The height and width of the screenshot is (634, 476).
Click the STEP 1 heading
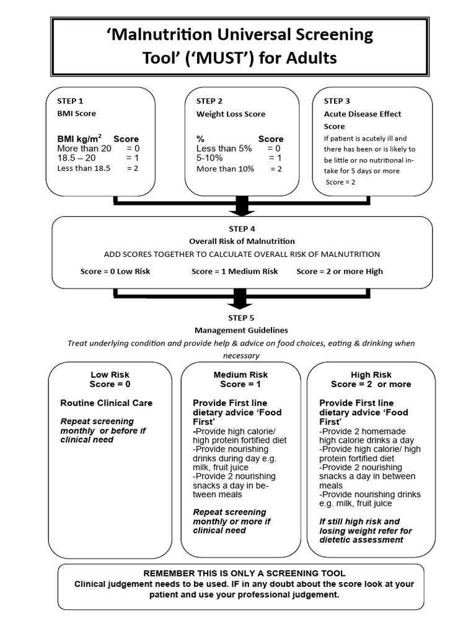click(70, 101)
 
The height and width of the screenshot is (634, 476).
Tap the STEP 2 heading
click(209, 101)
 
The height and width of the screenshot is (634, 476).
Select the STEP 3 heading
click(337, 101)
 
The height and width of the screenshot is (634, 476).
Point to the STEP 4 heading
click(242, 229)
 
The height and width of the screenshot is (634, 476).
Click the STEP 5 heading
click(241, 318)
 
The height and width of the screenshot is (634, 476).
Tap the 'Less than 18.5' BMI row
click(97, 168)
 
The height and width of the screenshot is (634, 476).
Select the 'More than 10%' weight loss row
click(239, 168)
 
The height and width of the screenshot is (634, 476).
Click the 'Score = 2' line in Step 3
click(340, 182)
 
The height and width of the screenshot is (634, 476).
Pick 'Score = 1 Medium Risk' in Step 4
click(235, 271)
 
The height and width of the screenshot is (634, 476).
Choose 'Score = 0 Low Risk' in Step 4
click(115, 271)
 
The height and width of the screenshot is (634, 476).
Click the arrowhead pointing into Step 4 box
click(242, 212)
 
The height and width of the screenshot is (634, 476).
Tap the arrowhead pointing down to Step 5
click(240, 305)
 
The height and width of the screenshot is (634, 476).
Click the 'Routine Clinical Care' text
click(107, 402)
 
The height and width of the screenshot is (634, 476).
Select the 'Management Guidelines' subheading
click(241, 331)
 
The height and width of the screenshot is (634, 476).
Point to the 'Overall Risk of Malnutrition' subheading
click(242, 241)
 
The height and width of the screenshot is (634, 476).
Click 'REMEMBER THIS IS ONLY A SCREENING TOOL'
click(244, 573)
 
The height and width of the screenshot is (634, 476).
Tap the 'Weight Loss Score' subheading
click(231, 114)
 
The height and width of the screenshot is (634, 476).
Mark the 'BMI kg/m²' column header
click(79, 139)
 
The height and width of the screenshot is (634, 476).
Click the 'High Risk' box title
click(371, 375)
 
